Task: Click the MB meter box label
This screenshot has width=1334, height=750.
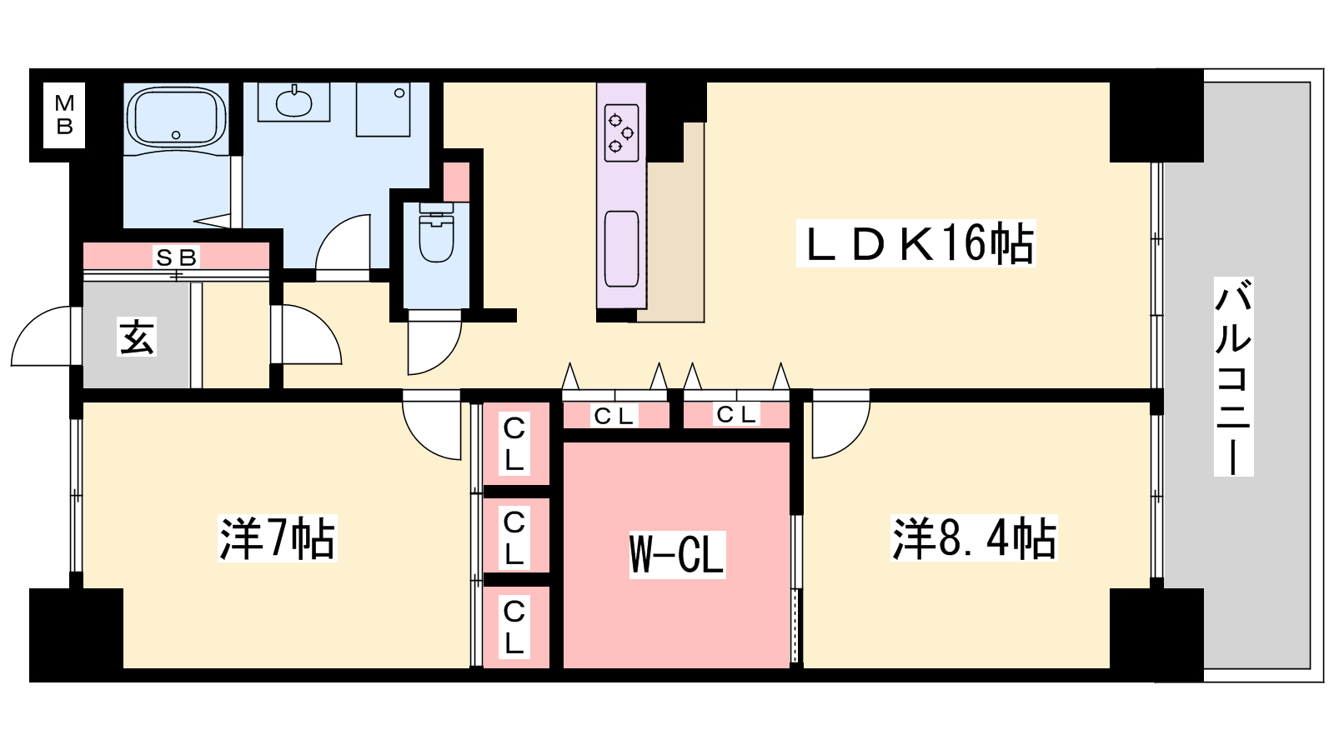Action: pyautogui.click(x=64, y=115)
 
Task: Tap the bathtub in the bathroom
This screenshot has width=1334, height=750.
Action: pyautogui.click(x=176, y=117)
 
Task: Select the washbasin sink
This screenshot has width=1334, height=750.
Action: pyautogui.click(x=293, y=102)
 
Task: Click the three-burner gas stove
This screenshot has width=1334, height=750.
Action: pyautogui.click(x=622, y=132)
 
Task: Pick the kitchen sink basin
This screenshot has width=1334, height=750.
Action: pyautogui.click(x=622, y=249)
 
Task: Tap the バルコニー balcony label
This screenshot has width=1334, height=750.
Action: pyautogui.click(x=1233, y=377)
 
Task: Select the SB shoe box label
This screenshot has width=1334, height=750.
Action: pyautogui.click(x=176, y=257)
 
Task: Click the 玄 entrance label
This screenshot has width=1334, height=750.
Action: pyautogui.click(x=137, y=337)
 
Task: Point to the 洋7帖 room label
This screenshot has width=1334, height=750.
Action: pyautogui.click(x=277, y=538)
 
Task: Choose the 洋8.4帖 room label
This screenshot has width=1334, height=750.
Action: pyautogui.click(x=974, y=538)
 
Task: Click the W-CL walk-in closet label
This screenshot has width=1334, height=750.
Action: pyautogui.click(x=676, y=554)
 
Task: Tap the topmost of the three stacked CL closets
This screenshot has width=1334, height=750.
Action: pyautogui.click(x=514, y=443)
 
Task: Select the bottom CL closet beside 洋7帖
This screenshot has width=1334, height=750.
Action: pyautogui.click(x=514, y=627)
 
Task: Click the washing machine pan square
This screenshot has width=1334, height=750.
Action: pyautogui.click(x=384, y=109)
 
